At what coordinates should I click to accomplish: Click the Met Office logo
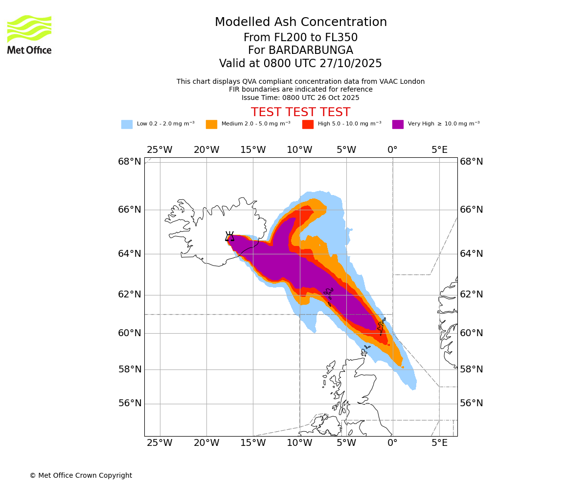pos(29,34)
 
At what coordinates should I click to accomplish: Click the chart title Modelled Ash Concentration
pos(300,23)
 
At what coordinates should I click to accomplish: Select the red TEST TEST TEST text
pos(300,112)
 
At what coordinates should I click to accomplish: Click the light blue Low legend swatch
pos(127,124)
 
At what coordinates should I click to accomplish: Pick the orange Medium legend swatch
pos(211,124)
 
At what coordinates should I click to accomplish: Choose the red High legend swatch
pos(308,124)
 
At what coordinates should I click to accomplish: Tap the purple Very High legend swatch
pos(398,124)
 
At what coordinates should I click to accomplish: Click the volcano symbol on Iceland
pos(229,236)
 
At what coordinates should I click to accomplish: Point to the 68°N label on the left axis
pos(130,162)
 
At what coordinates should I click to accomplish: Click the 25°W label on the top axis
pos(159,150)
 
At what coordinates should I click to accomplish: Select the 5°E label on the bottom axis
pos(439,443)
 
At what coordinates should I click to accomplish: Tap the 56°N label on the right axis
pos(472,403)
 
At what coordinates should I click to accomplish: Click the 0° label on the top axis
pos(392,150)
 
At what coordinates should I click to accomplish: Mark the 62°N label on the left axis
pos(130,294)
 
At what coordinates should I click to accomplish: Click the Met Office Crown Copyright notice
pos(81,475)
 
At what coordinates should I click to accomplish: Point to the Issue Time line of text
pos(300,98)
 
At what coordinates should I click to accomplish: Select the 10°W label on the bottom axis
pos(299,443)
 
